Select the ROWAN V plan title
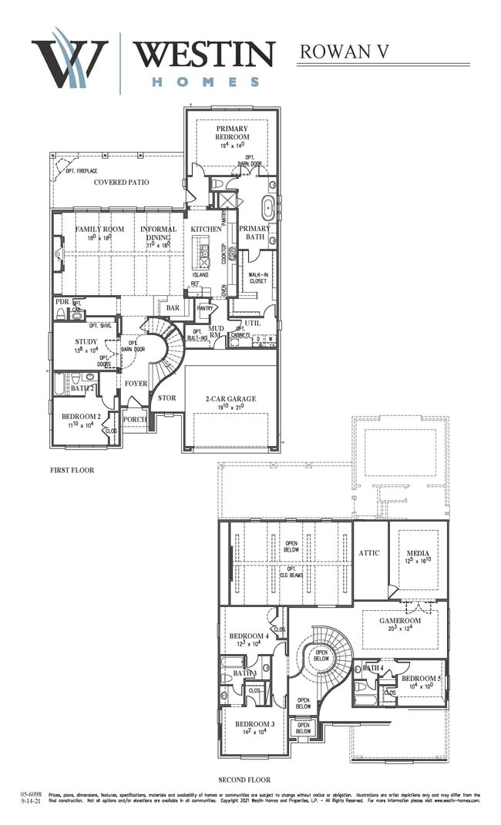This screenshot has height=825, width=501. (x=344, y=51)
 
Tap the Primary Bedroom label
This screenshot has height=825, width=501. (x=232, y=132)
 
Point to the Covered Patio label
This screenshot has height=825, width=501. (x=121, y=183)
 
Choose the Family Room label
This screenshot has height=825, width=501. (x=99, y=229)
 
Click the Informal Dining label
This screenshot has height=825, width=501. (x=158, y=233)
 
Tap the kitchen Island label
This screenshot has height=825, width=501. (x=200, y=274)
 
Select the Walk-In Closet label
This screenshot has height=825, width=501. (x=257, y=277)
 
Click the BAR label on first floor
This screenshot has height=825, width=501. (x=173, y=308)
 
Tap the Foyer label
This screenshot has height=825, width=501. (x=136, y=383)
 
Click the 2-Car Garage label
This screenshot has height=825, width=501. (x=230, y=398)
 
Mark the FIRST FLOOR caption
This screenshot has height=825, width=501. (x=72, y=470)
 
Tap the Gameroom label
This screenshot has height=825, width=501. (x=400, y=620)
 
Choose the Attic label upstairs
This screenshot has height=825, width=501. (x=368, y=553)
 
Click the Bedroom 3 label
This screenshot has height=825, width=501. (x=254, y=724)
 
